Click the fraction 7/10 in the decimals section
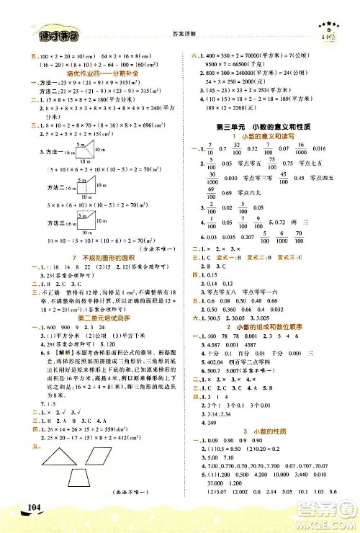[x=209, y=127]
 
